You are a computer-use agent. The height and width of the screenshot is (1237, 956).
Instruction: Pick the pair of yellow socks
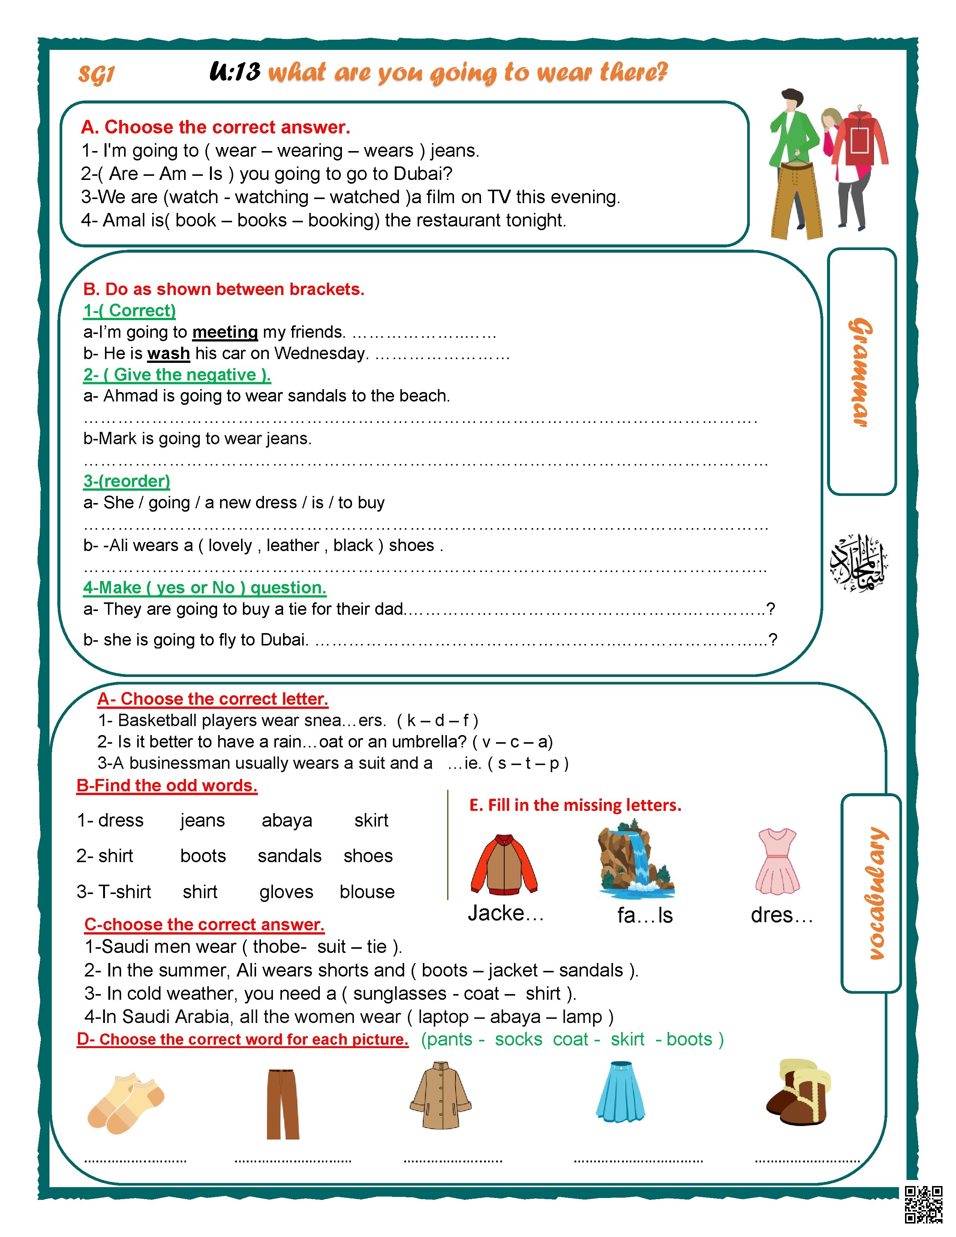point(125,1102)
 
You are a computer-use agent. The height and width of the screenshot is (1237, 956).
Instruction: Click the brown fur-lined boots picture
point(799,1093)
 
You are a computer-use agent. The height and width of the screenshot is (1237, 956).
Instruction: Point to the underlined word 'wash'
point(168,353)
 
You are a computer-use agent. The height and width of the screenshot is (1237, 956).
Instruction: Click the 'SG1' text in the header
point(96,74)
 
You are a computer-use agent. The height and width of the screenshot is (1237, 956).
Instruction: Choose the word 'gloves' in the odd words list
point(286,892)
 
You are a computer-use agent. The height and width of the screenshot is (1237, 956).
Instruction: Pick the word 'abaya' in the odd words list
point(286,821)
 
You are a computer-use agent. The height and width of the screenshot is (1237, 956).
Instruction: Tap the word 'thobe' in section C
point(278,946)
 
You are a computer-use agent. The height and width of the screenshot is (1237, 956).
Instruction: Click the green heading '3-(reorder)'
point(126,481)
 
